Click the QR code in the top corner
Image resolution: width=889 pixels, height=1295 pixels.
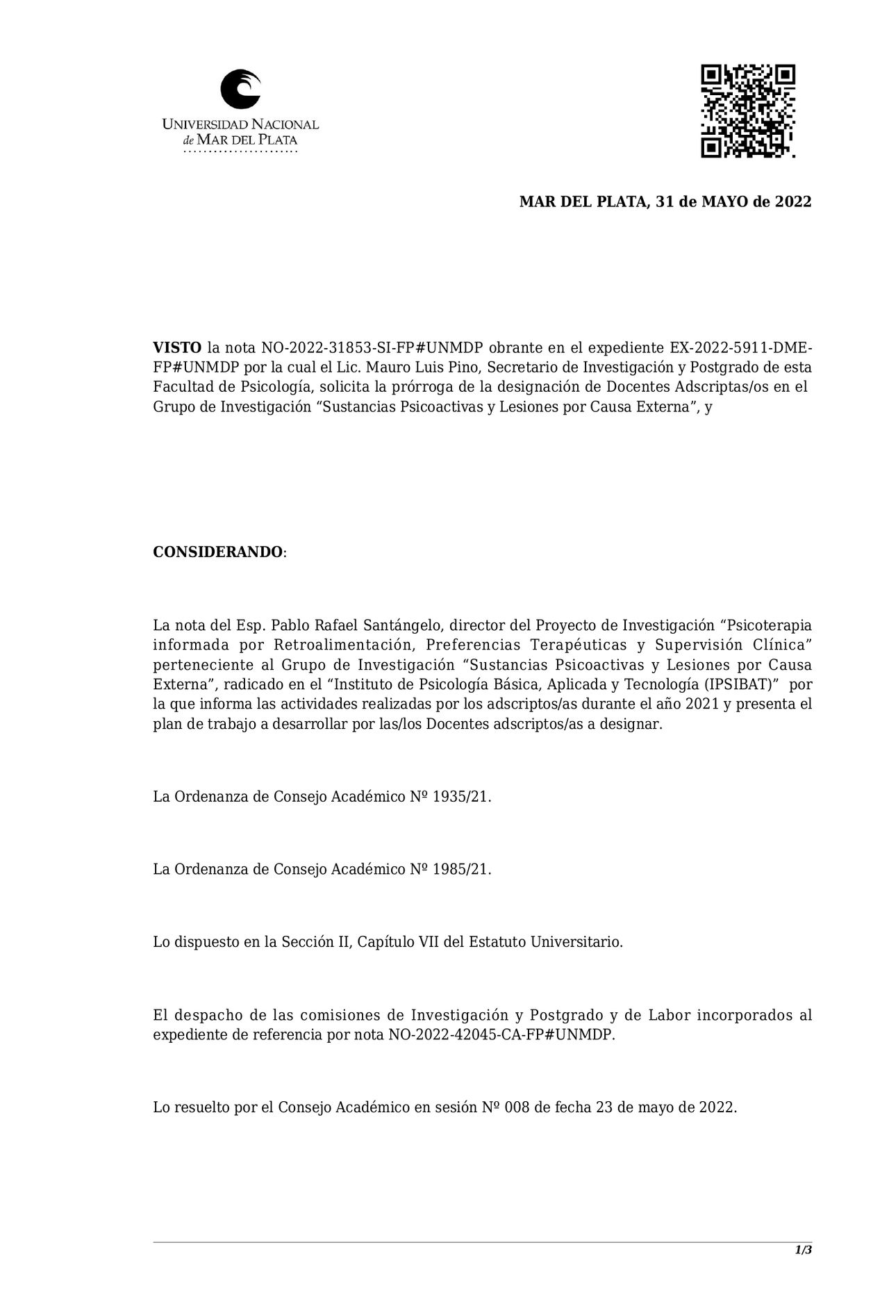[x=747, y=111]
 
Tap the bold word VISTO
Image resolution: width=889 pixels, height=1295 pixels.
[x=177, y=347]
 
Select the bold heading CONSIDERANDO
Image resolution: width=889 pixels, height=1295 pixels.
[x=218, y=552]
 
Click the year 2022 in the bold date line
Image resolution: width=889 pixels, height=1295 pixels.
[x=793, y=202]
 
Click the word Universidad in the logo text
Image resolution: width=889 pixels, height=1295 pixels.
[x=205, y=125]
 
